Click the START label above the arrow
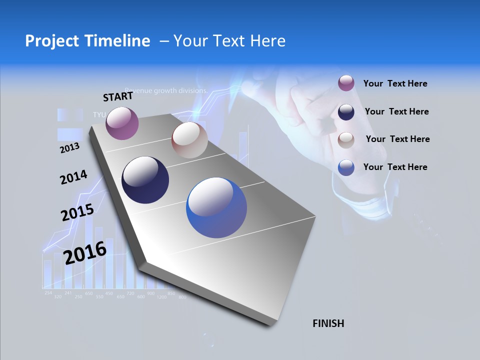pos(118,96)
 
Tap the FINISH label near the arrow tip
pos(328,323)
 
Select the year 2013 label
pos(69,148)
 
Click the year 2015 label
pos(77,212)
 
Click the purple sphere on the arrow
pos(122,123)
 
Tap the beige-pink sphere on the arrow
pos(189,140)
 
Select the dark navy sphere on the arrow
pos(145,180)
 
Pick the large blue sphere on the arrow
pos(216,207)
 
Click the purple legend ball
pos(346,83)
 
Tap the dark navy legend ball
pos(346,112)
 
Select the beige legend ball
pos(346,140)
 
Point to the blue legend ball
pos(346,167)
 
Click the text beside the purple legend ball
pos(395,84)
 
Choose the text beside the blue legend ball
pos(395,167)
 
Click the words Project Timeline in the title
pos(87,41)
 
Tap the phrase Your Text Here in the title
pos(229,41)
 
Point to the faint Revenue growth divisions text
pos(166,91)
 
